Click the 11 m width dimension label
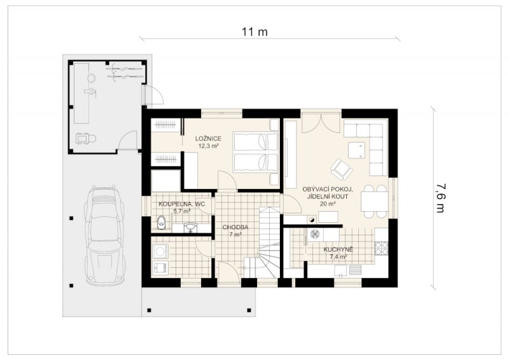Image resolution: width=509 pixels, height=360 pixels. tap(254, 32)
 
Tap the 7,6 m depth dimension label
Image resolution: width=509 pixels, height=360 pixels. tap(440, 198)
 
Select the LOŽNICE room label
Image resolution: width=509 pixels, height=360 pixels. tap(209, 139)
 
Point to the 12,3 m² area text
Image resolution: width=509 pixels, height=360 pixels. tap(209, 146)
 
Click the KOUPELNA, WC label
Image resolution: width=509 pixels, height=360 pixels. tap(181, 204)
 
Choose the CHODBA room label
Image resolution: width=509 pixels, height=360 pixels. tap(235, 227)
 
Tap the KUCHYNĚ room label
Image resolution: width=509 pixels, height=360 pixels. tap(338, 249)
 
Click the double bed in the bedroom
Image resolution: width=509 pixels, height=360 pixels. tap(256, 152)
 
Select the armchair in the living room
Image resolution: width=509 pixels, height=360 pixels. tap(341, 169)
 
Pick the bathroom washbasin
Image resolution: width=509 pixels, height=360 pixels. tap(190, 228)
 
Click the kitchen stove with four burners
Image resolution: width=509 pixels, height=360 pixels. tap(381, 248)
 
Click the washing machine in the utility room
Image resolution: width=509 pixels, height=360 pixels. tap(160, 251)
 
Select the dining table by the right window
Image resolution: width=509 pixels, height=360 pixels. tap(375, 201)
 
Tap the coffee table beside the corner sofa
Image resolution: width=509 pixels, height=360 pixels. tap(356, 150)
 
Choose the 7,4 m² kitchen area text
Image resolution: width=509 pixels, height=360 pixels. tap(338, 257)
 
